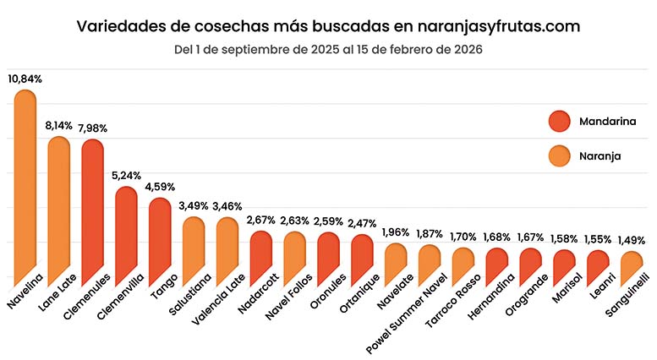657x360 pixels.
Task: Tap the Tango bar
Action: [160, 245]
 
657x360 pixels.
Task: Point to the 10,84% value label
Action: [25, 79]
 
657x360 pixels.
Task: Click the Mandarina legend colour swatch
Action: [561, 122]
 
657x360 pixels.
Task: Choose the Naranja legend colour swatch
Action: [561, 155]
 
